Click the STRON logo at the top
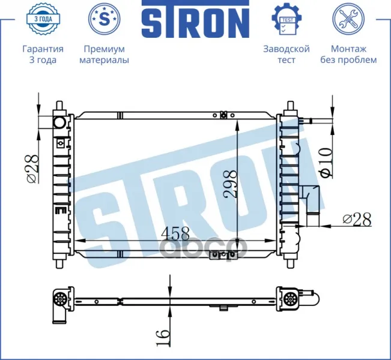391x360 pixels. click(196, 19)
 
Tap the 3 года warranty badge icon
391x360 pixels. click(43, 19)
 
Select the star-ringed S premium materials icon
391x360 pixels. click(105, 19)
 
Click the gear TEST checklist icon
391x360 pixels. click(286, 19)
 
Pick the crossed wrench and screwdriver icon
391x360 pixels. click(348, 19)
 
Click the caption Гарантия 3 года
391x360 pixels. click(43, 55)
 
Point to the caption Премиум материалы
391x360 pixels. click(105, 55)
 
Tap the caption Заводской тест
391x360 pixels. click(286, 55)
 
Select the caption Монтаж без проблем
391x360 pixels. click(348, 55)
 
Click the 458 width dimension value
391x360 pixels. click(175, 233)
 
